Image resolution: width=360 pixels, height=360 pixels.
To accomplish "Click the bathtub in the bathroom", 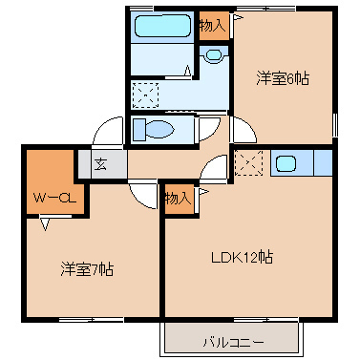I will [161, 27].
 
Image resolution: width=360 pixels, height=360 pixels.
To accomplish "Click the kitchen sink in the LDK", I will [286, 162].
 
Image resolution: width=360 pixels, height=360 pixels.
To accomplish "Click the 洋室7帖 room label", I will [88, 269].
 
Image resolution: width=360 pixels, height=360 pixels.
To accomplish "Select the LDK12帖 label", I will [244, 257].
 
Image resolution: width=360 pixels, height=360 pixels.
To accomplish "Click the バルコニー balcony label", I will [233, 339].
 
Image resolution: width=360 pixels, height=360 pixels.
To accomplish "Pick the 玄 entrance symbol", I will [99, 163].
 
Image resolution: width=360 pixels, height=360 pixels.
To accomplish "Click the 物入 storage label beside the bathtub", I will [212, 26].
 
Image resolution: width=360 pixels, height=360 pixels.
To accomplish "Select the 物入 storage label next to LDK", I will [178, 199].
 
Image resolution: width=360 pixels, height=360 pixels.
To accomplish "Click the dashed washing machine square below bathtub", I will [145, 95].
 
